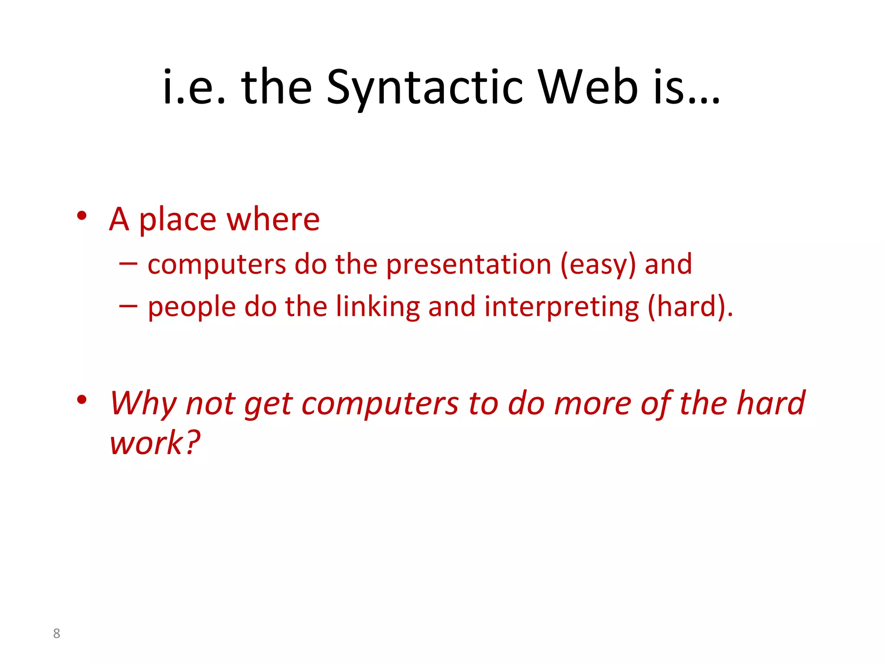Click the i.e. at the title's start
pos(194,88)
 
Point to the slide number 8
pos(57,633)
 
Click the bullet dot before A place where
pos(82,215)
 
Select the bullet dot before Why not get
pos(82,400)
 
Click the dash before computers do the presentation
pos(128,263)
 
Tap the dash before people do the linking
pos(128,306)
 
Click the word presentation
pos(468,264)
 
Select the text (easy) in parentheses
pos(598,264)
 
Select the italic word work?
pos(155,443)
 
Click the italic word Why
pos(143,404)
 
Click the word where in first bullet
pos(273,219)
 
